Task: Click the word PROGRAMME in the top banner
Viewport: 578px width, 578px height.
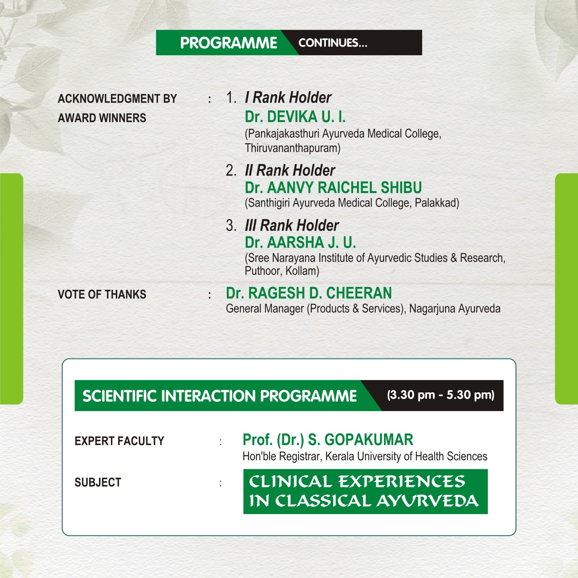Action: tap(229, 43)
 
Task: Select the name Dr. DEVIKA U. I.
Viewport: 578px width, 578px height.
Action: tap(295, 117)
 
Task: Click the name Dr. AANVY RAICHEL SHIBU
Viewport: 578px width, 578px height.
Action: tap(333, 188)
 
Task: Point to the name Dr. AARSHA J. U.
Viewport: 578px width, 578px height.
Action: tap(301, 242)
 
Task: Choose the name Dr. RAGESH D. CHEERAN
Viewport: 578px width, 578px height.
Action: tap(309, 293)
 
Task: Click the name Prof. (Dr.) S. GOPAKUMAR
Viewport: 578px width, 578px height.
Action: tap(328, 440)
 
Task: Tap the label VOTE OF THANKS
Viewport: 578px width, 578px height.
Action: tap(102, 294)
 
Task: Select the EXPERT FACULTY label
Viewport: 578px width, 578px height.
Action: tap(120, 441)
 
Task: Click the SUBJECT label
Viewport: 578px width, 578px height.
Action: tap(98, 483)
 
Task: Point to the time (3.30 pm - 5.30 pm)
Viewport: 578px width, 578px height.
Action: tap(441, 395)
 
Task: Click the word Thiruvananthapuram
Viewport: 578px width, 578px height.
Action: tap(293, 148)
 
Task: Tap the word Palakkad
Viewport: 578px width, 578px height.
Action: tap(437, 203)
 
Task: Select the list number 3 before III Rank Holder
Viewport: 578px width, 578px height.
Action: tap(231, 225)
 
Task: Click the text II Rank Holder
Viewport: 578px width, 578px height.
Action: tap(290, 171)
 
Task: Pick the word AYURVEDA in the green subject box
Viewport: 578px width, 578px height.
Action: tap(428, 501)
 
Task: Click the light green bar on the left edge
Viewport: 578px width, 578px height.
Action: tap(12, 289)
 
